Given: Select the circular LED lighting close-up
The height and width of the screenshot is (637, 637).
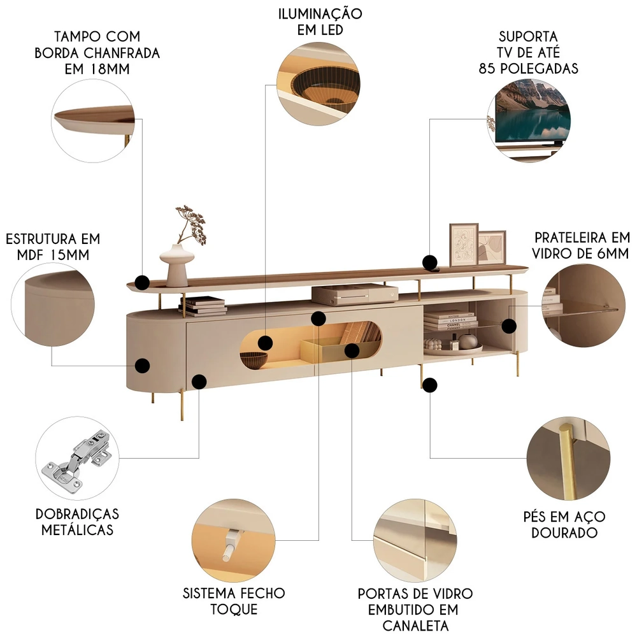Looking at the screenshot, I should (x=319, y=81).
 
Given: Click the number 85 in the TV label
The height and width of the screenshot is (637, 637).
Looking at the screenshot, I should (x=489, y=68).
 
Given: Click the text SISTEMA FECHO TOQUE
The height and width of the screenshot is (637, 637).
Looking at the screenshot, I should (x=234, y=601).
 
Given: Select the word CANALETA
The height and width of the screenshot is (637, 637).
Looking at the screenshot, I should (x=416, y=625).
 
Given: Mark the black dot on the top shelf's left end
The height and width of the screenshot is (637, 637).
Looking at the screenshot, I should (x=143, y=281).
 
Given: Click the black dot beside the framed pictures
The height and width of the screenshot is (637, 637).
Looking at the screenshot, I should (x=430, y=262).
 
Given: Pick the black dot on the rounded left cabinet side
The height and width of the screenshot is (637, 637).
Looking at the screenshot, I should (x=143, y=366).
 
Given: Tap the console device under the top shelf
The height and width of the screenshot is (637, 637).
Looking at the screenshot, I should (x=346, y=294).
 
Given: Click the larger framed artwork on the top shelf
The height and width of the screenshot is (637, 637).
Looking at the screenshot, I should (x=464, y=245).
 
